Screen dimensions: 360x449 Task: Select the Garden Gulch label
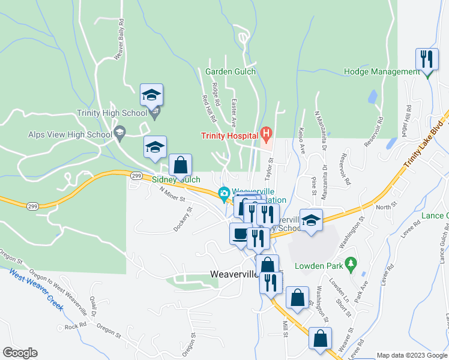[231, 71]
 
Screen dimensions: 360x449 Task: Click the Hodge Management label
[382, 71]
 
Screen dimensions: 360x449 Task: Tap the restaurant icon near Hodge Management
[427, 59]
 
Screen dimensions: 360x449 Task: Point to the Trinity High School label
[112, 112]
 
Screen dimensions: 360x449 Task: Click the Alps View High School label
[70, 134]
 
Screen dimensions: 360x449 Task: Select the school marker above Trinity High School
[151, 95]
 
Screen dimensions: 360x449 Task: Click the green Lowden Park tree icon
[352, 262]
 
